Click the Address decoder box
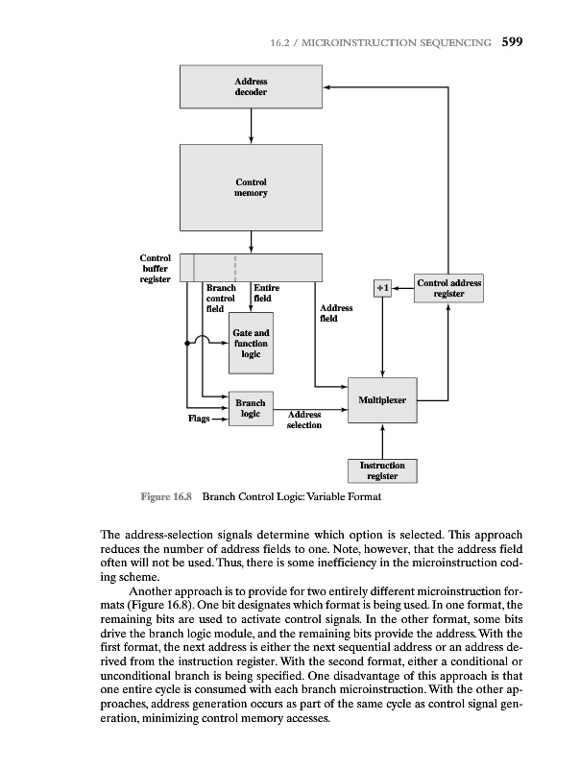(251, 88)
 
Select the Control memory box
(251, 187)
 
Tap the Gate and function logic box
(251, 343)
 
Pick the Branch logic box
(251, 407)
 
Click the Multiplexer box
(382, 397)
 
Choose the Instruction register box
(382, 470)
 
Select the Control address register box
(448, 288)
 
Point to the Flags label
(199, 419)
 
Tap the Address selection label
(304, 420)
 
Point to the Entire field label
(266, 293)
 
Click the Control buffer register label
(155, 269)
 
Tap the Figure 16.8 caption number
(167, 497)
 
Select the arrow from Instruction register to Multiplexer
(382, 442)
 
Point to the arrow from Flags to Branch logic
(218, 419)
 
